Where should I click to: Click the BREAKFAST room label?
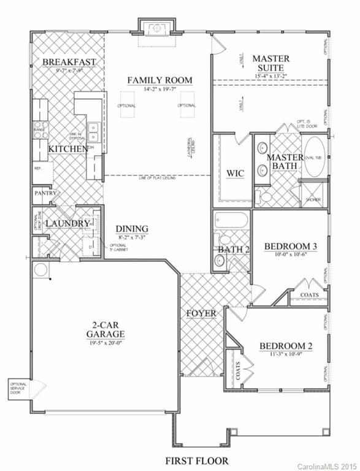point(69,61)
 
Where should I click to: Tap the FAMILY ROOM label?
point(159,80)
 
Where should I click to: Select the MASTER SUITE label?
point(270,63)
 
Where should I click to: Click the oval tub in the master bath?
point(316,156)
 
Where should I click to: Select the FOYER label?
point(201,314)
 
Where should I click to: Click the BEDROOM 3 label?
point(291,247)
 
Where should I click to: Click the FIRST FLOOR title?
point(197,460)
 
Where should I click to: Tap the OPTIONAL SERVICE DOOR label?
point(17,389)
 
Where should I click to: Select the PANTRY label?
point(46,194)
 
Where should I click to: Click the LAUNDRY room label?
point(67,224)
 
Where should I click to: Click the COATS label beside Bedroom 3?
point(309,295)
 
